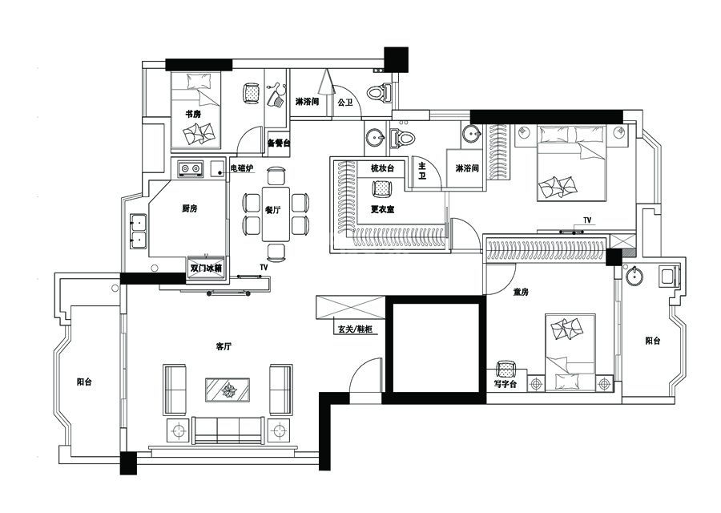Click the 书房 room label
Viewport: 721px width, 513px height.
click(x=193, y=114)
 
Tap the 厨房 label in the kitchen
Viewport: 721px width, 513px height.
click(x=189, y=208)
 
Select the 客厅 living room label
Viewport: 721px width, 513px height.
click(x=224, y=346)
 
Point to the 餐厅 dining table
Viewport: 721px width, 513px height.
click(x=276, y=214)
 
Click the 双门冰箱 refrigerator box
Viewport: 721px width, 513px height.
click(x=207, y=268)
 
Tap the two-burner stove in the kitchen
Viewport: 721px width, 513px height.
click(x=191, y=169)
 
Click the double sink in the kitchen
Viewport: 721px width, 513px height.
click(x=138, y=231)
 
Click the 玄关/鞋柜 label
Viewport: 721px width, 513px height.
click(x=355, y=329)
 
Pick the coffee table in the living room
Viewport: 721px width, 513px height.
click(x=228, y=391)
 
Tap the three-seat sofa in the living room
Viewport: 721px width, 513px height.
click(x=228, y=430)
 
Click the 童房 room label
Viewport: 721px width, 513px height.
click(x=521, y=292)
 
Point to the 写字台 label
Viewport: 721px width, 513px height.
click(x=506, y=383)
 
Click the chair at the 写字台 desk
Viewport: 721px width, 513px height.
click(x=506, y=369)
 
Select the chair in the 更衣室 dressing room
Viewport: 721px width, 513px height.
click(x=381, y=188)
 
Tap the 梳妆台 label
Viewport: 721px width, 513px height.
click(x=383, y=168)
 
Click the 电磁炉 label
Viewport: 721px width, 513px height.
click(x=241, y=168)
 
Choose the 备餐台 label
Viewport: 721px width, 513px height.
click(x=278, y=143)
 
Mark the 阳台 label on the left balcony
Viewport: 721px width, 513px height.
click(x=84, y=382)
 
